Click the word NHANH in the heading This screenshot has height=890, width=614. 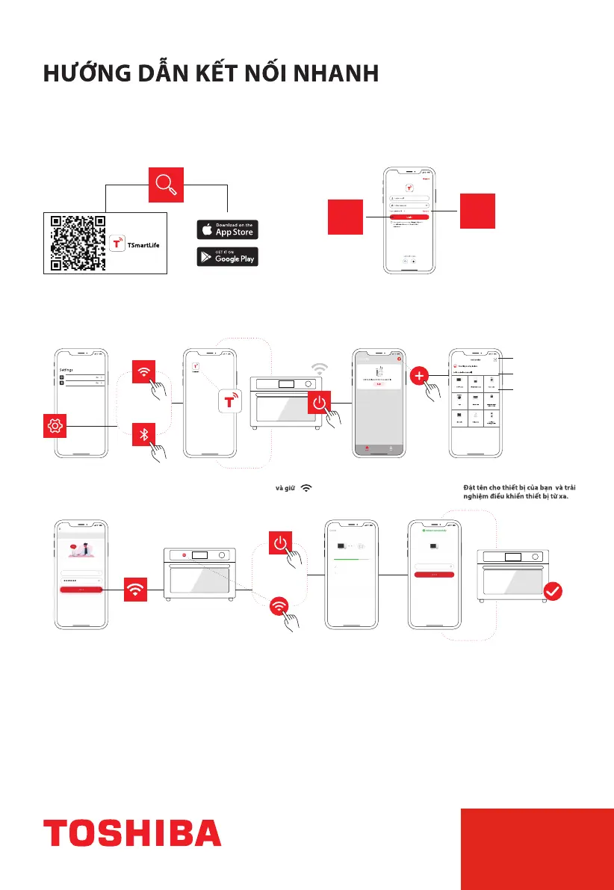tap(337, 75)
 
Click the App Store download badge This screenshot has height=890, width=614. tap(227, 229)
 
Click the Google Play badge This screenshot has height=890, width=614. tap(227, 256)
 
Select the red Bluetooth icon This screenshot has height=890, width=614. tap(144, 435)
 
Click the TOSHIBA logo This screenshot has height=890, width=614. tap(132, 832)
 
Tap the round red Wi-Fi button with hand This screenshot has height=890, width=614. tap(279, 606)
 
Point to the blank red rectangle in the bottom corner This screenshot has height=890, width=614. tap(537, 847)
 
